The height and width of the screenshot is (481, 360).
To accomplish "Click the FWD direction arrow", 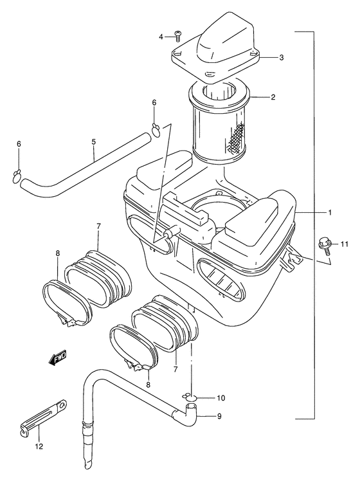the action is [x=58, y=358].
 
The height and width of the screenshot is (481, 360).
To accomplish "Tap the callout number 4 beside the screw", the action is [x=161, y=37].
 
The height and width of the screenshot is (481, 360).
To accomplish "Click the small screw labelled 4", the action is [x=177, y=36].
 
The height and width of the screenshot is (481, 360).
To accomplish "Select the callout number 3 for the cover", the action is [x=281, y=57].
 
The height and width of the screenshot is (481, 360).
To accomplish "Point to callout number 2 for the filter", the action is [x=273, y=97].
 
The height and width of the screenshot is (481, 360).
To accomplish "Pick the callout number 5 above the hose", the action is [x=93, y=141].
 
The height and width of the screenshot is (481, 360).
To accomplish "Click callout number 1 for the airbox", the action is [x=330, y=212].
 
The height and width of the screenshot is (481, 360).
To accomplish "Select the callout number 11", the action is [x=344, y=244].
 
